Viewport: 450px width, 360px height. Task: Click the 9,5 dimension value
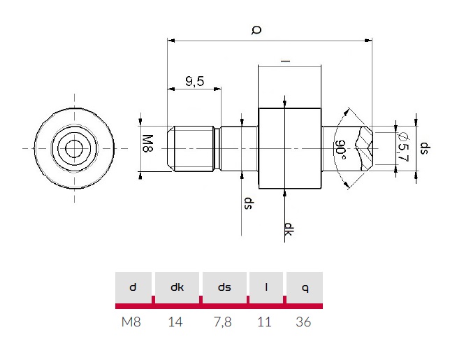pos(194,82)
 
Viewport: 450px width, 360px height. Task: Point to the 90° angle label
pos(340,148)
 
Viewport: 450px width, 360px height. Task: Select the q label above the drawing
pos(256,29)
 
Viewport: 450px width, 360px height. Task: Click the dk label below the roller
pos(288,230)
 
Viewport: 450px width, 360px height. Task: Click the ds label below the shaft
pos(247,203)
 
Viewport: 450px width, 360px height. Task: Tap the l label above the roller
pos(285,62)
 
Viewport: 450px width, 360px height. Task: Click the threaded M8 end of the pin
pos(191,148)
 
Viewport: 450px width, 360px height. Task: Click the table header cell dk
pos(177,287)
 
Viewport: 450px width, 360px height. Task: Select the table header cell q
pos(304,287)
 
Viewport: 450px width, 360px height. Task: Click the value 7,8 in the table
pos(224,322)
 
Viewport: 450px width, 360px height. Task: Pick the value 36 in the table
pos(304,322)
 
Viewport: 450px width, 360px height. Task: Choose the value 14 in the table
pos(177,322)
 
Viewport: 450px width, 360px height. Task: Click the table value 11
pos(266,322)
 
